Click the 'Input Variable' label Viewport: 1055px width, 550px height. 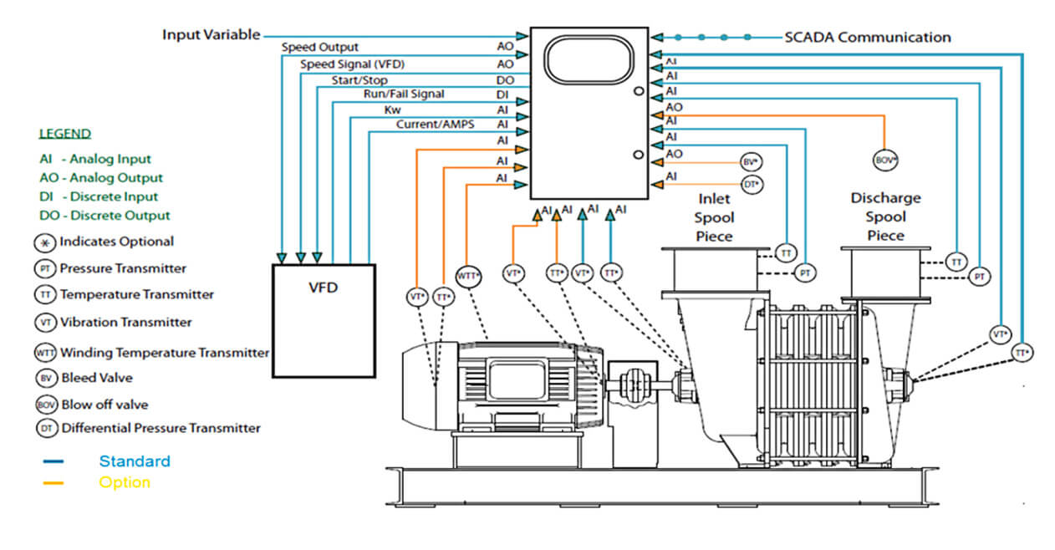coord(211,35)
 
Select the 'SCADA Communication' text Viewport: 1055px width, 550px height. coord(867,37)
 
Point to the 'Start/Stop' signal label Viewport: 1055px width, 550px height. coord(359,80)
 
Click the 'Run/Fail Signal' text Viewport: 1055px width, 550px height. coord(403,94)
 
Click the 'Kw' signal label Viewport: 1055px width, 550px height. coord(392,109)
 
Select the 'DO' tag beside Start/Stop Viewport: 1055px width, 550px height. coord(505,80)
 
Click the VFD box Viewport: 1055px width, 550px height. coord(324,320)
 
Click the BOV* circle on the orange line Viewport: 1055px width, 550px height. coord(884,159)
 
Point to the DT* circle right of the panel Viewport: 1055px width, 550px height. coord(752,184)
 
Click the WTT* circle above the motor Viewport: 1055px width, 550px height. coord(468,276)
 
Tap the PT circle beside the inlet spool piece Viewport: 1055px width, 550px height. coord(804,272)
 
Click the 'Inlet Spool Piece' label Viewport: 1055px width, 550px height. coord(714,217)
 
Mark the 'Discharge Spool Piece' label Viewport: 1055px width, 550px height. coord(885,216)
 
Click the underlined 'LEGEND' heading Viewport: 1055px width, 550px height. coord(65,134)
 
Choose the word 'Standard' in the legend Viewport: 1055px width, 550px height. coord(134,461)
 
